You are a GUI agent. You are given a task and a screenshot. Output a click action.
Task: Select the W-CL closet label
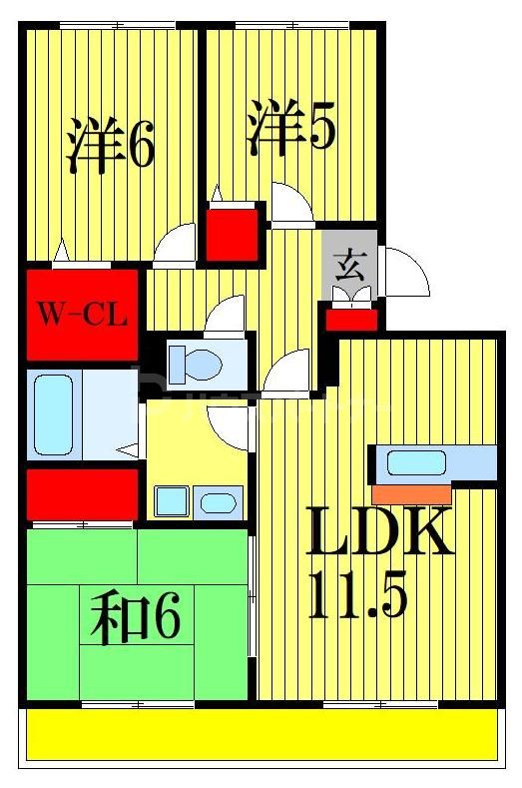click(82, 315)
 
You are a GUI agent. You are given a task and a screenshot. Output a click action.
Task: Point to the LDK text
click(379, 532)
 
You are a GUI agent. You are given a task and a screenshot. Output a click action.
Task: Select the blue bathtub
click(52, 413)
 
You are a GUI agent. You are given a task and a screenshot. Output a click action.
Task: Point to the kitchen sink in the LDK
click(417, 462)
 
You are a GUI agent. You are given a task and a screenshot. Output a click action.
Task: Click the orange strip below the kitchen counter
click(410, 492)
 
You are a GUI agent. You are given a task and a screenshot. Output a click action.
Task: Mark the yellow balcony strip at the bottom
click(260, 736)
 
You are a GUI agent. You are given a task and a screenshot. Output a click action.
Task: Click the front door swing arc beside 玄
click(405, 271)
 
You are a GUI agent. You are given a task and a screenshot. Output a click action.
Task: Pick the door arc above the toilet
click(225, 316)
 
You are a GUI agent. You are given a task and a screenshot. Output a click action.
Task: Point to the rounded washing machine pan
click(217, 502)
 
